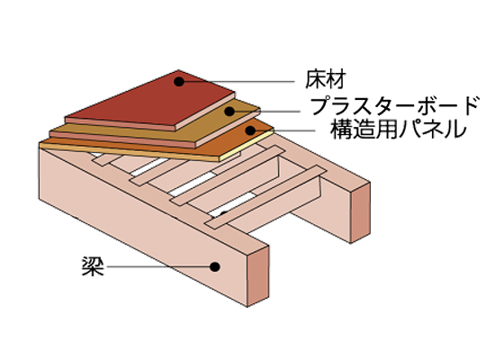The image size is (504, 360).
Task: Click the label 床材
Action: coord(325,79)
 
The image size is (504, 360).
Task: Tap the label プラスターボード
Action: coord(395,106)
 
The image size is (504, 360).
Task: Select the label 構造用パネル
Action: coord(398,130)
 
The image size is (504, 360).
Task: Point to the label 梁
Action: coord(93,266)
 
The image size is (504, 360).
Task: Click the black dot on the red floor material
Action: coord(179,82)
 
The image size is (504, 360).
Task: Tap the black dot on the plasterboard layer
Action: coord(229,112)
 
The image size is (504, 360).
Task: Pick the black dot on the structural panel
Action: coord(250,130)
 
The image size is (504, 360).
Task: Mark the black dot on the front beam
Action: coord(215,266)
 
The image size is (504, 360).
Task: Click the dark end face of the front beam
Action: coord(258,276)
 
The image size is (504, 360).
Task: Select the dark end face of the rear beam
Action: coord(360,213)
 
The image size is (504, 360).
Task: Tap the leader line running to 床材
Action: coord(237,82)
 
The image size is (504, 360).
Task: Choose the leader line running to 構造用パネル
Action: coord(283,130)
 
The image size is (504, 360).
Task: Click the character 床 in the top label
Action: coord(315,79)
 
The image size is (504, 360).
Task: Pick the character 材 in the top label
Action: coord(336,79)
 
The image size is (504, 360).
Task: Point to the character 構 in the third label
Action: coord(341,130)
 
